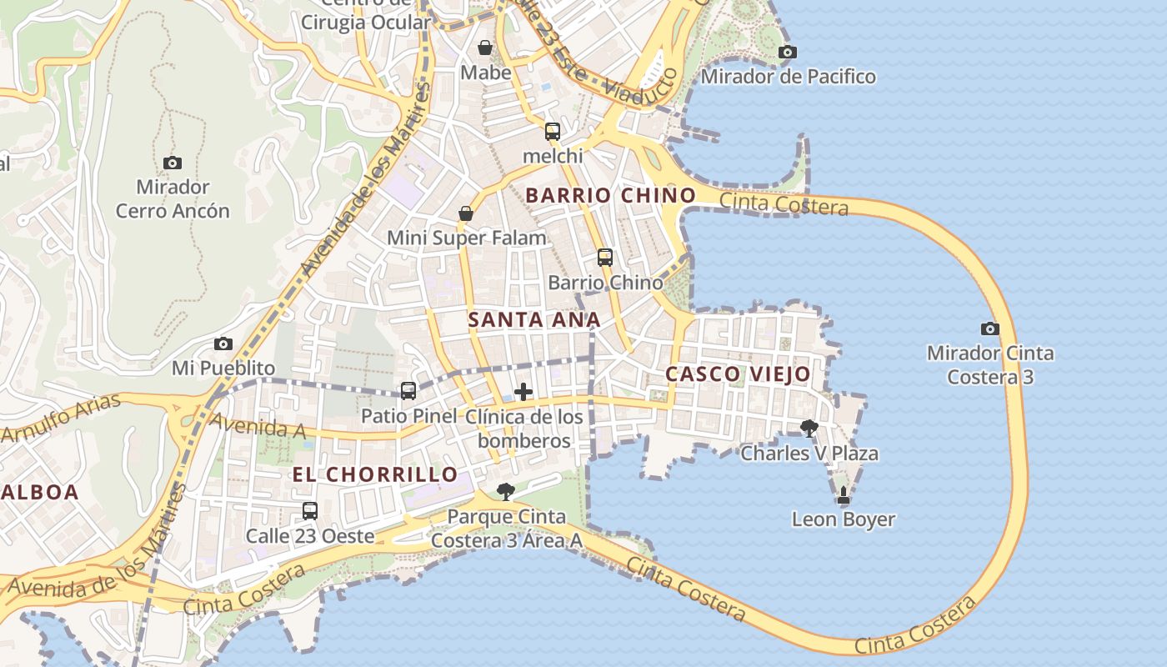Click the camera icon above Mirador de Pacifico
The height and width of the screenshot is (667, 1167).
coord(787,52)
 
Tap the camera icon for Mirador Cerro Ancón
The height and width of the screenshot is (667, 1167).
coord(173,163)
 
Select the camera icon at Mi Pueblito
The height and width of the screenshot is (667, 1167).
coord(223,344)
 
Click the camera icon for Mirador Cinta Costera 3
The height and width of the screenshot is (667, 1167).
coord(990,328)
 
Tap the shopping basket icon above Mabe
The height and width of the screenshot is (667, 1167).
coord(485,48)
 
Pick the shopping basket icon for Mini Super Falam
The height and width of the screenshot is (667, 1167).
coord(466,214)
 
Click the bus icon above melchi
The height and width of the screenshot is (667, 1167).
coord(553,131)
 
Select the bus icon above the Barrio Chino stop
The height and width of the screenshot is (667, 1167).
coord(605,258)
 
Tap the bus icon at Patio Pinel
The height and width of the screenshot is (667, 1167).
coord(408,390)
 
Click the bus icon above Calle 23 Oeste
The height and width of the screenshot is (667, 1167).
coord(310,510)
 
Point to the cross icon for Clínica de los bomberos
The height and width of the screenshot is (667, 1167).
coord(523,392)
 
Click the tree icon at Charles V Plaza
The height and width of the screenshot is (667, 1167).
coord(809,429)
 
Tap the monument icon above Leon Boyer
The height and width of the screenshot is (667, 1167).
coord(844,495)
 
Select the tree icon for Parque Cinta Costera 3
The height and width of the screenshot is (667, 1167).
coord(505,492)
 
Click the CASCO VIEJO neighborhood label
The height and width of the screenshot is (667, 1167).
coord(738,374)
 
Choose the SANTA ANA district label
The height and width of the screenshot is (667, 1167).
coord(533,319)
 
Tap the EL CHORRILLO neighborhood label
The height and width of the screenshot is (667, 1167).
coord(374,474)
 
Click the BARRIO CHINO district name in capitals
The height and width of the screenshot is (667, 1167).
coord(610,196)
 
